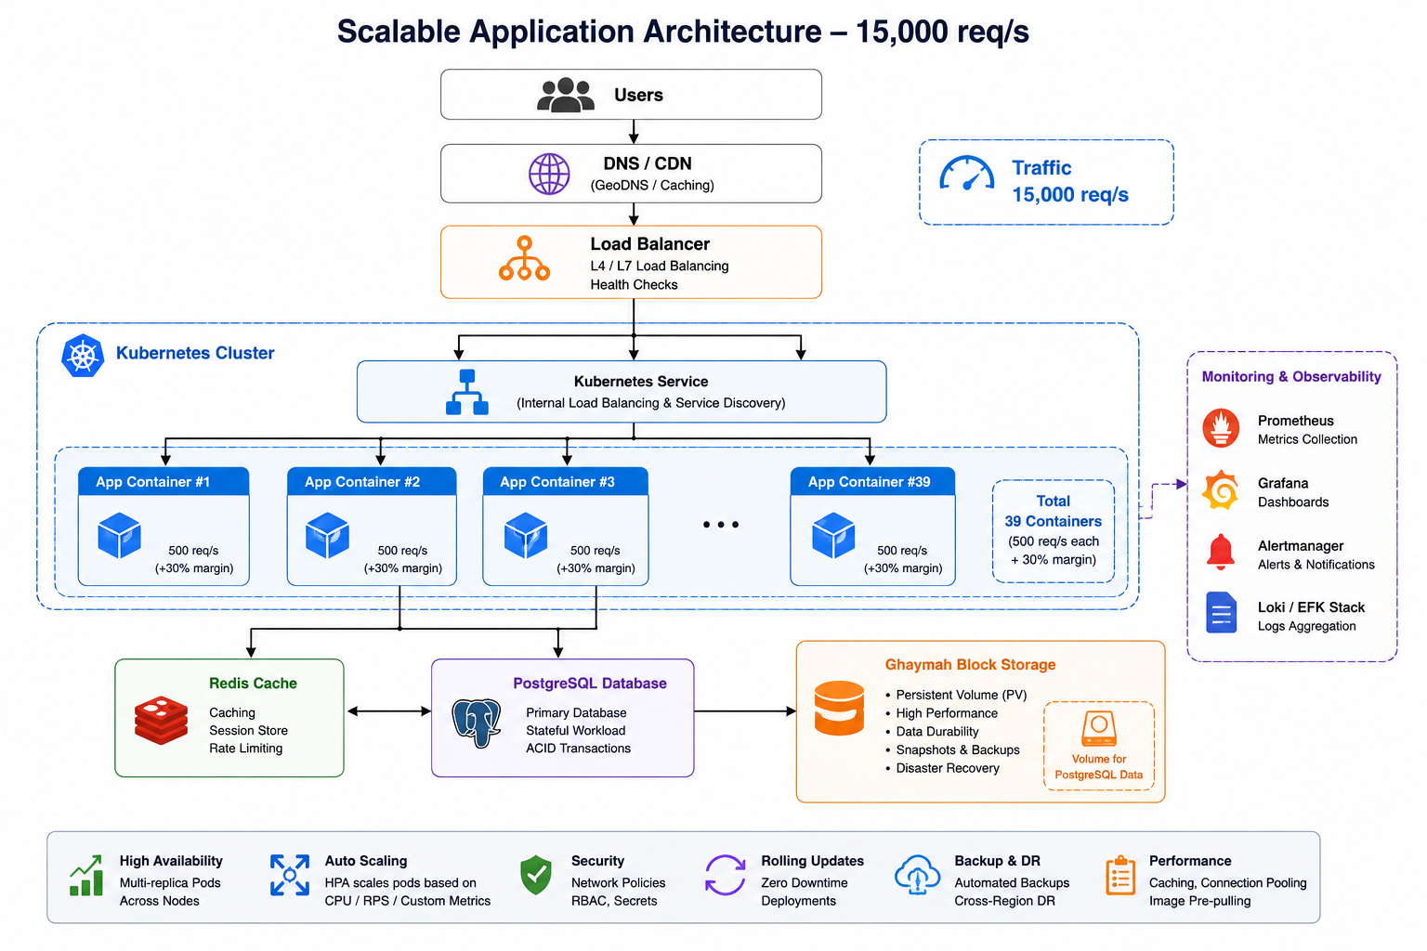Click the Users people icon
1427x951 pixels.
coord(565,95)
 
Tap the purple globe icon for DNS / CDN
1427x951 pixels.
coord(549,174)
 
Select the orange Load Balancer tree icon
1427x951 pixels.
coord(524,258)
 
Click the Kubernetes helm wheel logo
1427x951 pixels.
coord(83,356)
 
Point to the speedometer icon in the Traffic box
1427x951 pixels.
coord(966,174)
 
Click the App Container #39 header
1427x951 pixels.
coord(872,482)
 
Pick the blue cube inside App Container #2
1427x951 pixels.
coord(327,535)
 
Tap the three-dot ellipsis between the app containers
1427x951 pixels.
coord(721,524)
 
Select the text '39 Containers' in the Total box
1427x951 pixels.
coord(1053,521)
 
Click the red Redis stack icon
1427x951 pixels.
coord(161,720)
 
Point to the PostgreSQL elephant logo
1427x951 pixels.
coord(476,723)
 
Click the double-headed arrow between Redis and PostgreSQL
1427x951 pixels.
coord(389,711)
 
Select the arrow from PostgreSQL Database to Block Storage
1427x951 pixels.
coord(745,710)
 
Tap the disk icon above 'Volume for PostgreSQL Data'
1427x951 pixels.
coord(1099,728)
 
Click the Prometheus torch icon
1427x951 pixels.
coord(1221,428)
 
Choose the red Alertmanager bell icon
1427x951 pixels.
coord(1221,552)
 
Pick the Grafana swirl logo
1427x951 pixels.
coord(1221,490)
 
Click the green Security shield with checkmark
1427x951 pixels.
coord(536,875)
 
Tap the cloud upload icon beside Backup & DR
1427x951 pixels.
coord(917,875)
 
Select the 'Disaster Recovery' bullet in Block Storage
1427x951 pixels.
coord(948,768)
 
